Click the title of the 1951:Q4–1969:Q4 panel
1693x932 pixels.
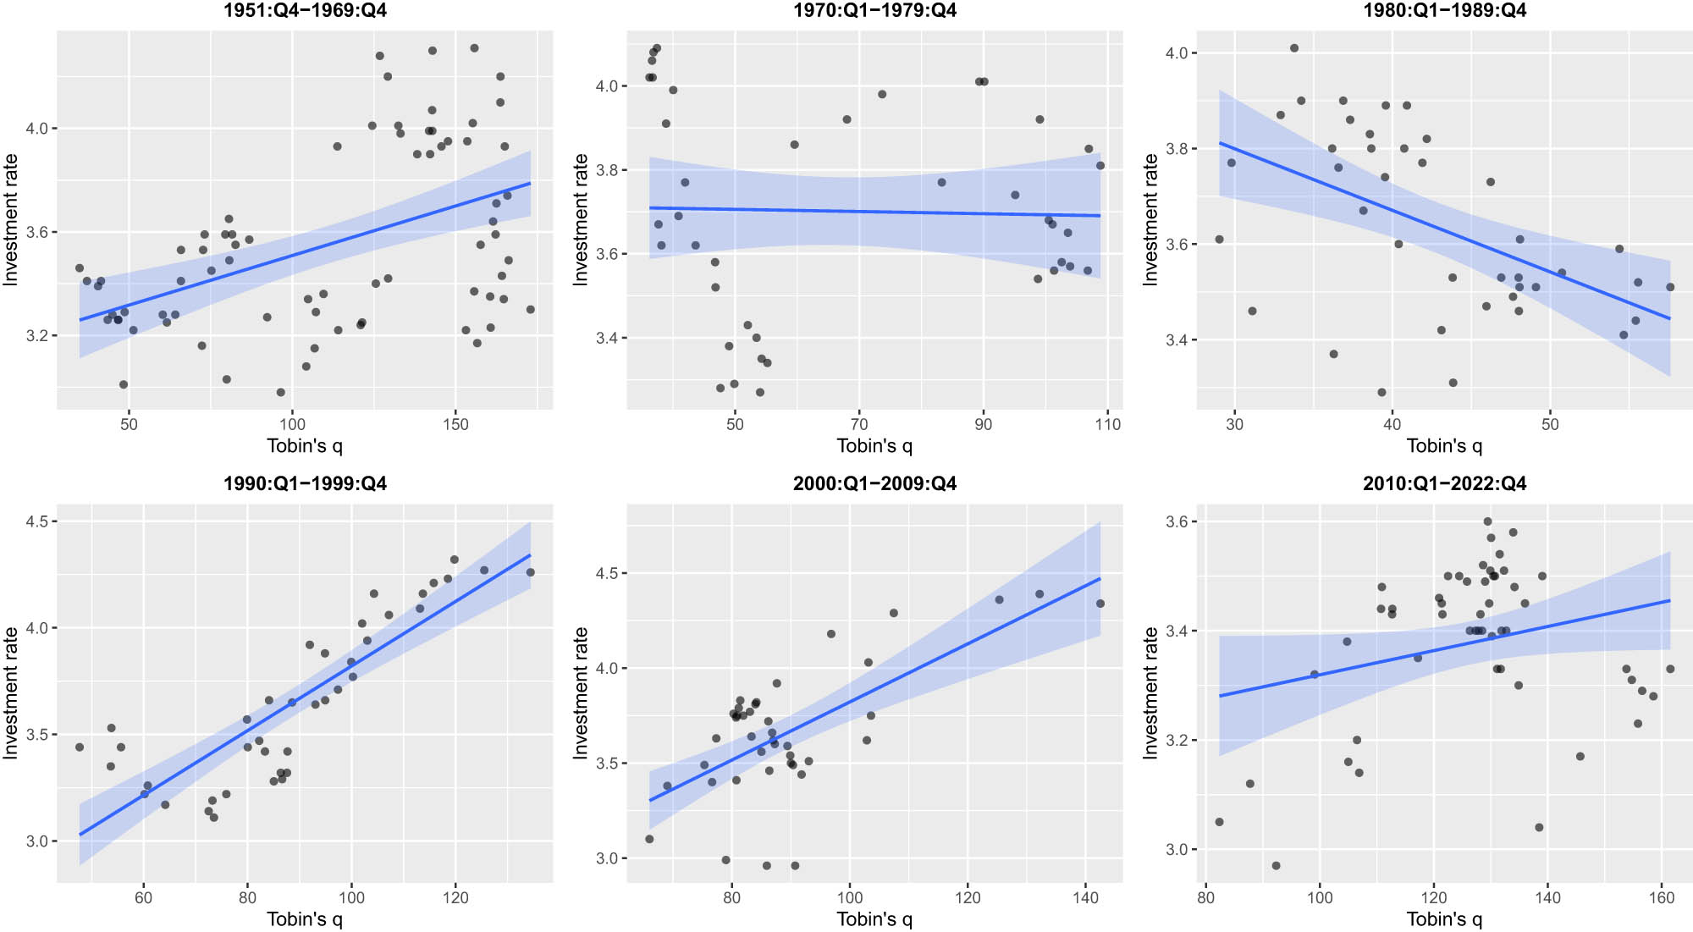click(x=305, y=11)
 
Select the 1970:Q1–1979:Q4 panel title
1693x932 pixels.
click(x=874, y=11)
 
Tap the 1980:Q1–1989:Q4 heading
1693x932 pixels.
click(x=1444, y=11)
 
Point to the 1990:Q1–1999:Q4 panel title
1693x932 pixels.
click(x=305, y=484)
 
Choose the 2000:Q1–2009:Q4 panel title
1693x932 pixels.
click(x=874, y=484)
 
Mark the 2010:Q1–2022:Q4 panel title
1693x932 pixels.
click(x=1444, y=484)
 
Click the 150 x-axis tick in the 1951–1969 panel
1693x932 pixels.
click(x=455, y=424)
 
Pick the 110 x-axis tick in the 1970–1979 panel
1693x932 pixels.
click(x=1107, y=424)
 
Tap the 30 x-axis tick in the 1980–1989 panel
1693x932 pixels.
click(x=1234, y=424)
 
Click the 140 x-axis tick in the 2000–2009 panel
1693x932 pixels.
click(x=1085, y=897)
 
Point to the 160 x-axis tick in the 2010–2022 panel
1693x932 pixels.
click(x=1661, y=897)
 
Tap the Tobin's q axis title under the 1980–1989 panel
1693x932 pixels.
click(x=1444, y=446)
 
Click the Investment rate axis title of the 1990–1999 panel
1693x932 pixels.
click(x=11, y=692)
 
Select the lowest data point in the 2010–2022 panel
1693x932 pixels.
click(x=1276, y=866)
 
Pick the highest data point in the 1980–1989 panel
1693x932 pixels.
click(x=1294, y=48)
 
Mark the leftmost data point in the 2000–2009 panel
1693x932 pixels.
click(x=649, y=839)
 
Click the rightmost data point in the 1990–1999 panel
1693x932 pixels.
click(x=531, y=572)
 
